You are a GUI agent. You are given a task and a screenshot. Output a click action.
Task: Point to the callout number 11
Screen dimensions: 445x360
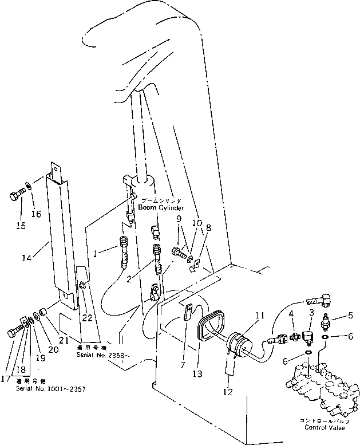(259, 315)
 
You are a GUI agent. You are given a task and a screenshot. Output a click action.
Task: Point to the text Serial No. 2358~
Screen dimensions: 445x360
(104, 356)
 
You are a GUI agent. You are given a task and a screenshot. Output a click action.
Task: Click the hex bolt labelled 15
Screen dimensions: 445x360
(17, 198)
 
